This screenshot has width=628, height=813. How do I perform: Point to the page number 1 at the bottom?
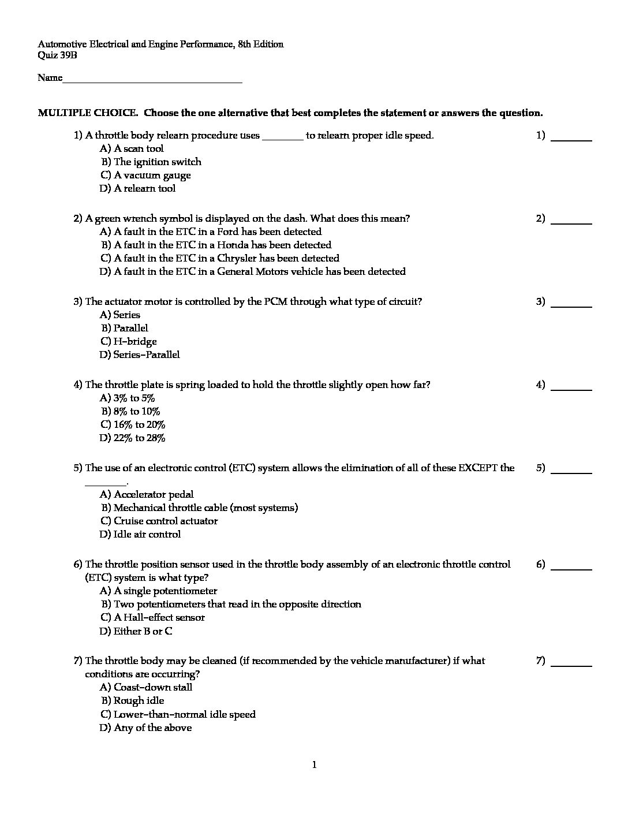click(314, 766)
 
